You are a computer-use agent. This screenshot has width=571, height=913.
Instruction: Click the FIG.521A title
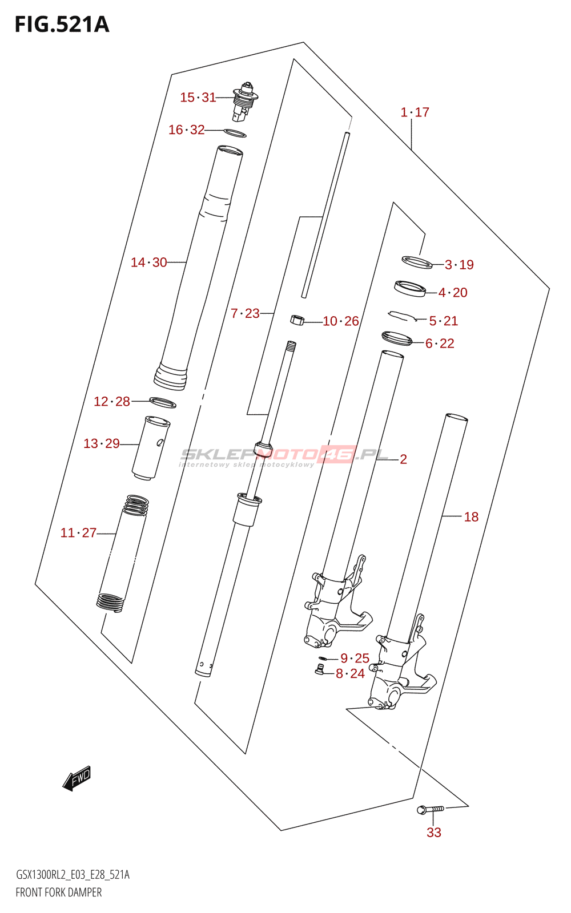tap(62, 25)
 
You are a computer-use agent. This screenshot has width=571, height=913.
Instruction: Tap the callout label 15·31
tap(198, 98)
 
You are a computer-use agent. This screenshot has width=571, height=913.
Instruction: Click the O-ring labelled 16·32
tap(235, 133)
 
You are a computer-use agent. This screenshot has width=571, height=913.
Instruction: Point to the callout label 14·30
tap(149, 262)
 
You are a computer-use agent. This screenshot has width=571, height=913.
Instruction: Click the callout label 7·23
tap(245, 313)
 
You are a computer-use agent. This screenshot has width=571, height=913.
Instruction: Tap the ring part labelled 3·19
tap(417, 262)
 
